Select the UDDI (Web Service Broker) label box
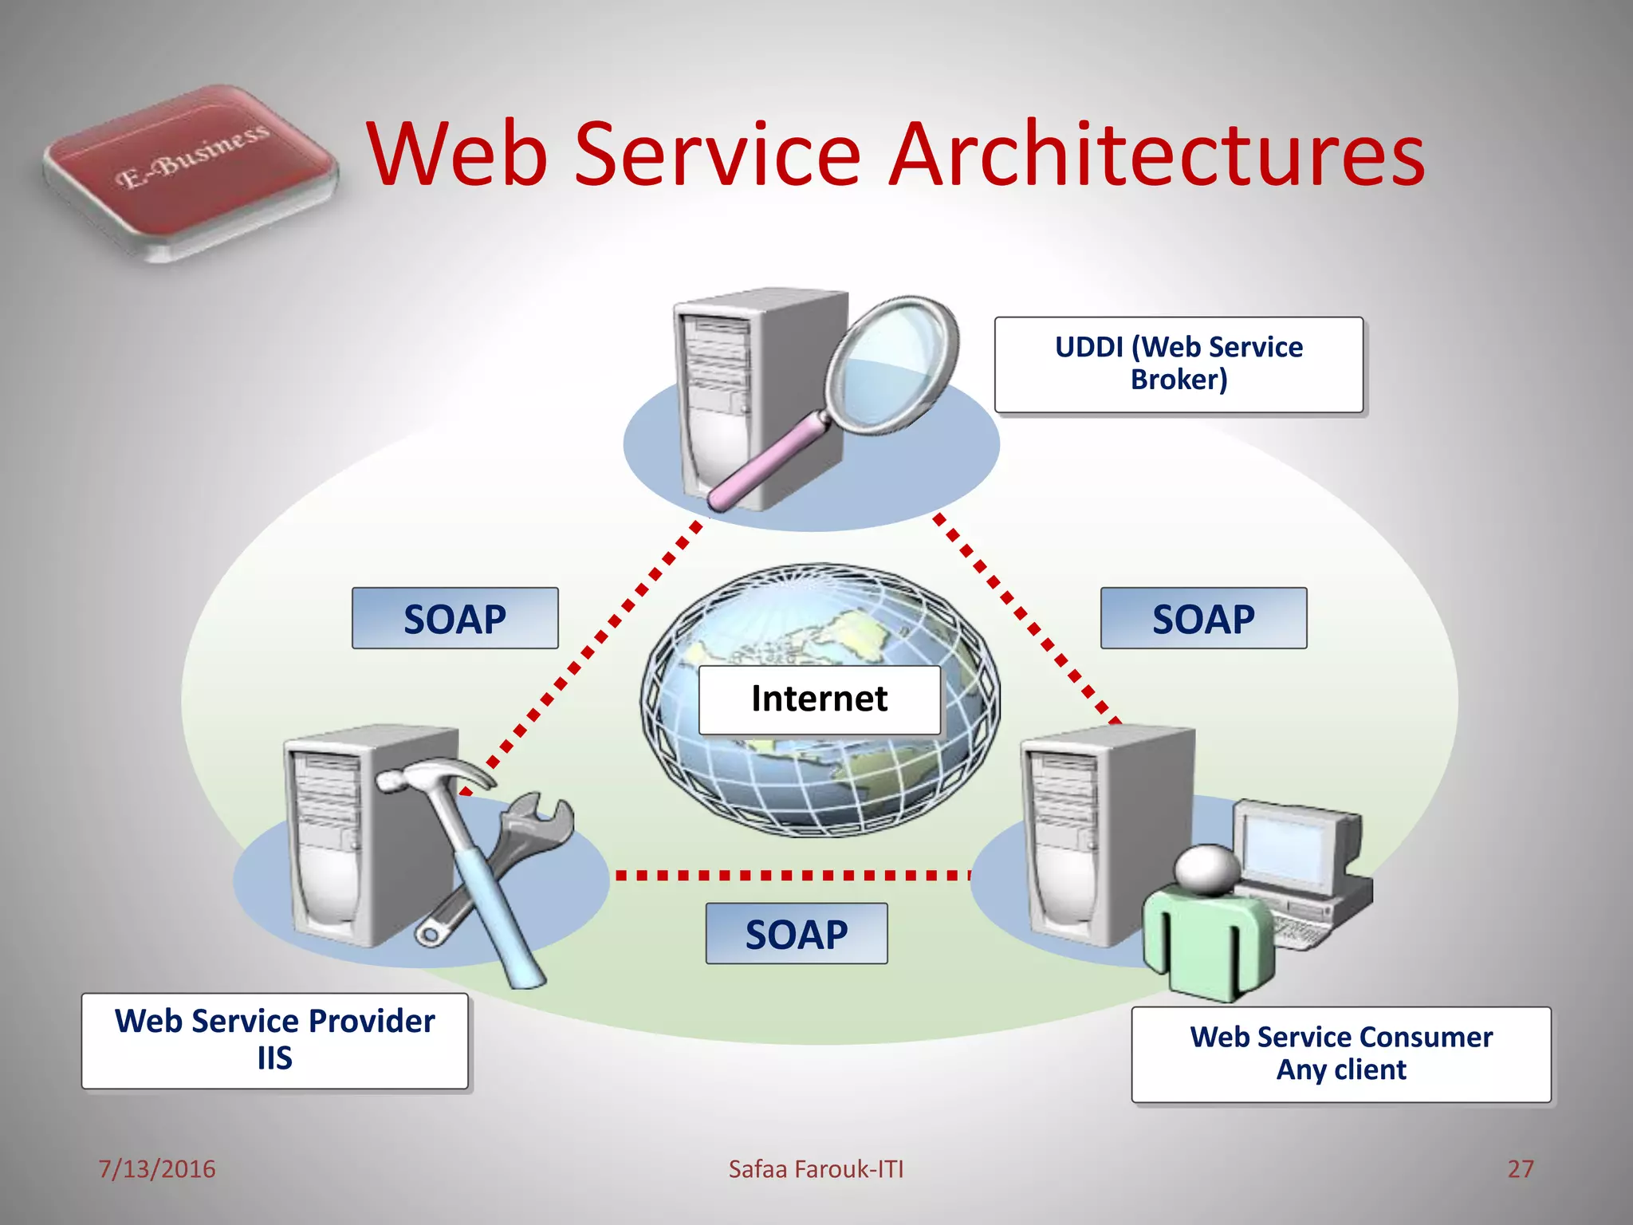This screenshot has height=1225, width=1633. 1179,364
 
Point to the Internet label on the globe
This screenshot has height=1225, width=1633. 819,699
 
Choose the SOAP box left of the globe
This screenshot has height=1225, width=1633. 454,619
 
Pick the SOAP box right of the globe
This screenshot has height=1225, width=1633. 1203,619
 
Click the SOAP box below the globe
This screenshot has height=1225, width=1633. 796,934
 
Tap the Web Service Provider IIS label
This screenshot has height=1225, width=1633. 274,1040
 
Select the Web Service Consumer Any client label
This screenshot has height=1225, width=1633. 1341,1054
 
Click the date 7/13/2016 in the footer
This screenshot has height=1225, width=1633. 156,1168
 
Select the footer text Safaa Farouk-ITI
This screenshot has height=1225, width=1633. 816,1168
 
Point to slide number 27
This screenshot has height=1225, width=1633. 1520,1168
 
